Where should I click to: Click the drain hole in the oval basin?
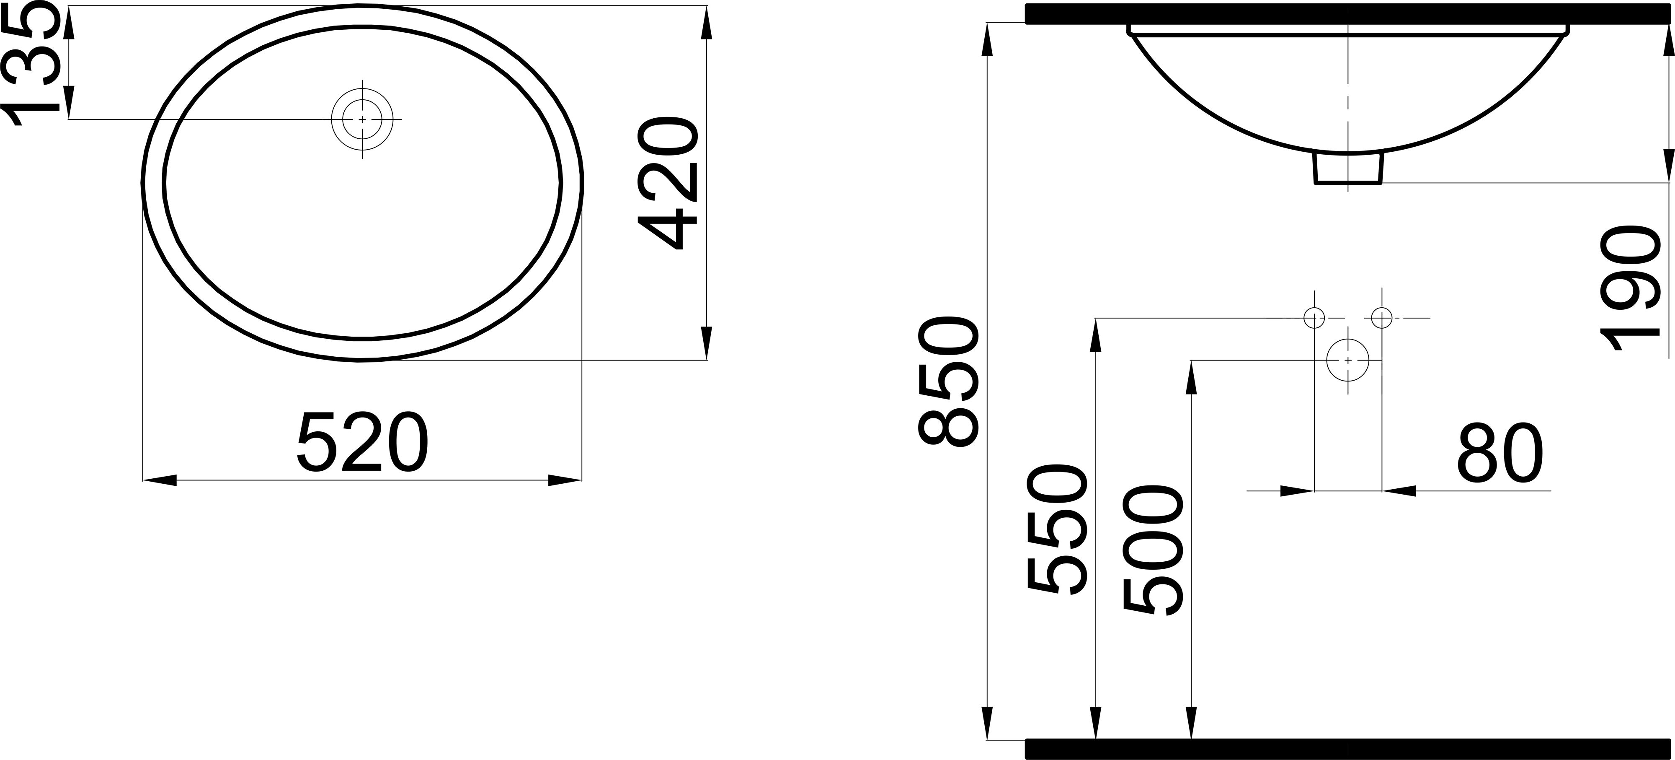[362, 120]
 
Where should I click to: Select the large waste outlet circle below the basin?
[1348, 360]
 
